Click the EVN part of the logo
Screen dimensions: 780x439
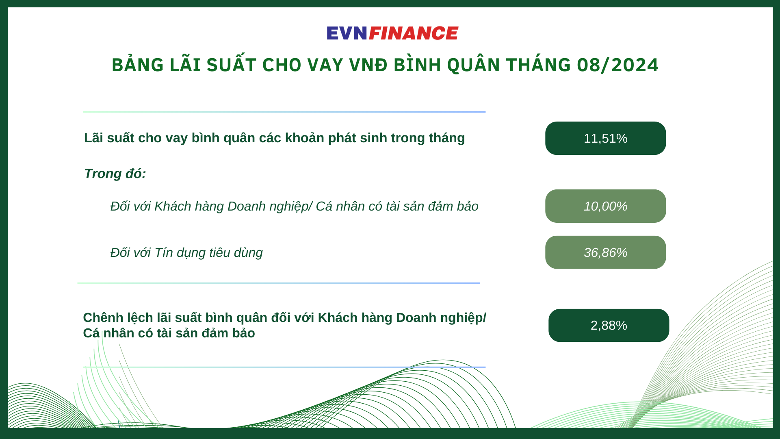pos(347,33)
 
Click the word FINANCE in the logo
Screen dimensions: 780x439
pos(414,33)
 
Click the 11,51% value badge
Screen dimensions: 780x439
pos(605,138)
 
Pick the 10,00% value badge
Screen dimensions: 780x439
pos(605,206)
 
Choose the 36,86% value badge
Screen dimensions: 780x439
pos(605,252)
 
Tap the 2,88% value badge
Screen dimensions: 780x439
pos(609,325)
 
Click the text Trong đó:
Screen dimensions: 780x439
pos(115,174)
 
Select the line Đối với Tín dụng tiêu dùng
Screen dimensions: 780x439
pos(186,253)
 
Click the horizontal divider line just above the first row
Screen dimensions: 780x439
pos(284,112)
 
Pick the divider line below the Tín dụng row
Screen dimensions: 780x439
pos(278,283)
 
